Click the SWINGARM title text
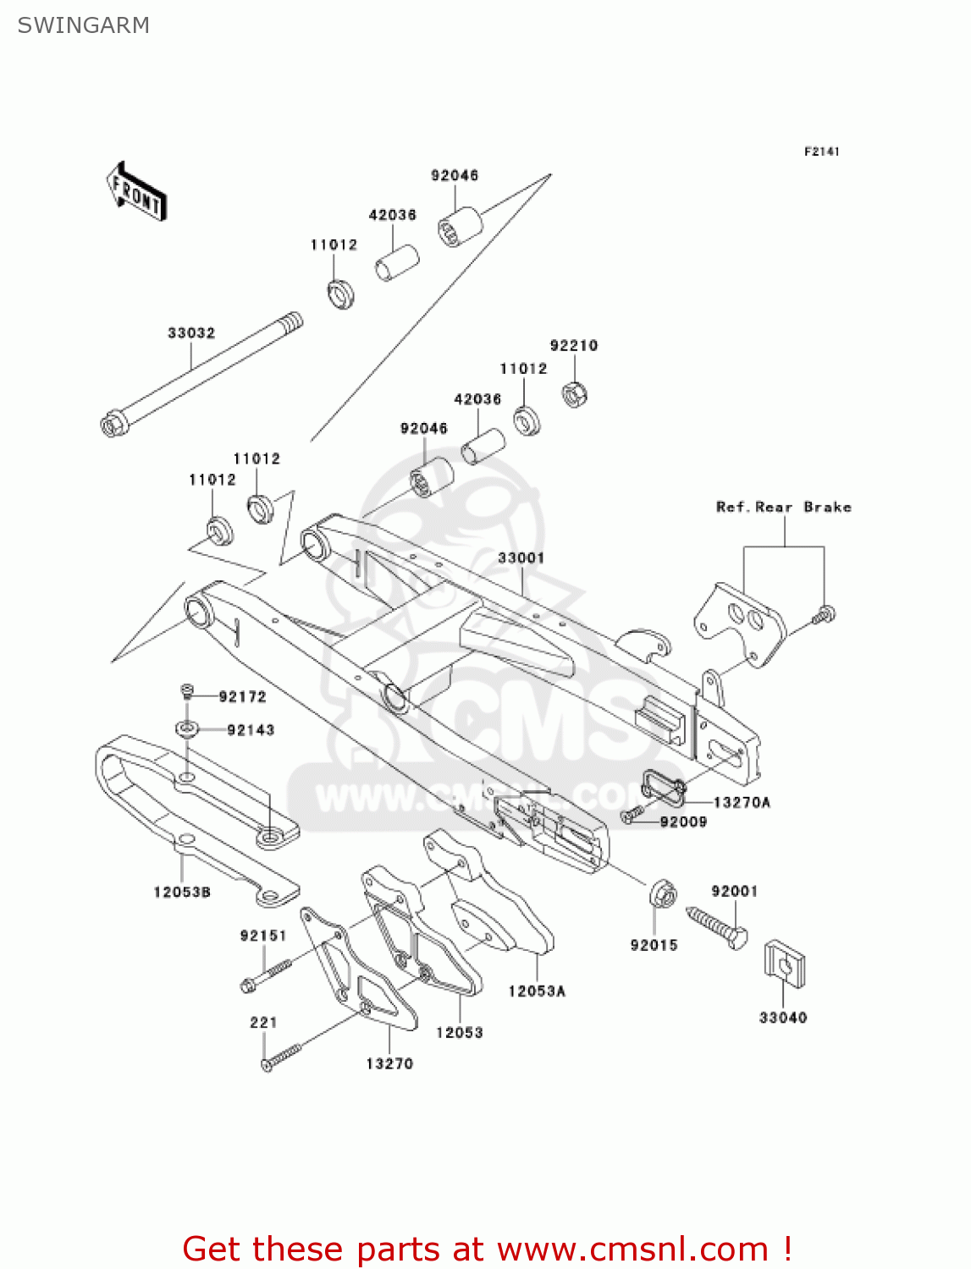point(83,25)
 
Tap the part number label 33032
point(191,333)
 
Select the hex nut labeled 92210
point(576,393)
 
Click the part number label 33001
point(521,558)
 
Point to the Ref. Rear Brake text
point(784,508)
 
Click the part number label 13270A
point(742,802)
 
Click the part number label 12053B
point(182,893)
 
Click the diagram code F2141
point(821,151)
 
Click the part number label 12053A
point(537,992)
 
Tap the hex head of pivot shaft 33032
point(113,425)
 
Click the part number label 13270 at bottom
point(389,1064)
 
